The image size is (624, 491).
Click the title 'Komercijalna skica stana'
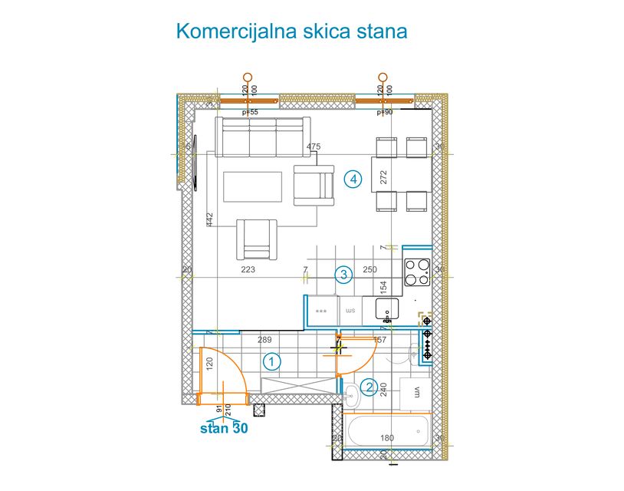[291, 31]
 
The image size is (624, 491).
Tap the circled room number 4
[353, 180]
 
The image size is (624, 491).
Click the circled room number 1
[271, 361]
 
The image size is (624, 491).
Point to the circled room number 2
[369, 388]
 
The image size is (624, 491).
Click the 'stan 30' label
[223, 429]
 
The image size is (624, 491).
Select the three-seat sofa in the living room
[263, 137]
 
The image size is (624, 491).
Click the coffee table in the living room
[252, 186]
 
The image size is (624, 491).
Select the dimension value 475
[313, 147]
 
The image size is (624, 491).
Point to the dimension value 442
[209, 219]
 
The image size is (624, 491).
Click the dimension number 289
[264, 339]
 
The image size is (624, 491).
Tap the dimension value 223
[248, 270]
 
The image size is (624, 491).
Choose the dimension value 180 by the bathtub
[387, 438]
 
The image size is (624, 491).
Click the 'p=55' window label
[250, 112]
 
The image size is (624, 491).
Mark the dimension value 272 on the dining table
[384, 177]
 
